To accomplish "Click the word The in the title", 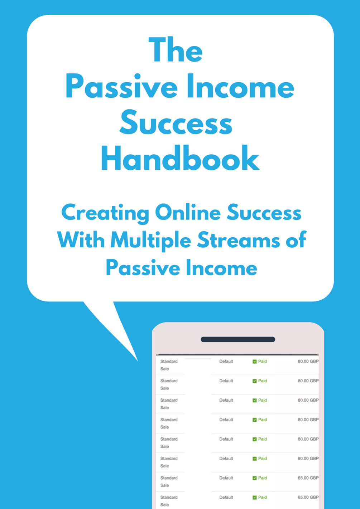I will (176, 50).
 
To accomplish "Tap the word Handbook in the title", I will (180, 159).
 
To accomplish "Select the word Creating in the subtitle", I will (105, 213).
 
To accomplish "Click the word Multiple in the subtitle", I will (151, 241).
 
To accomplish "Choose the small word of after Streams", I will (296, 240).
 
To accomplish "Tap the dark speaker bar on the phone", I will (238, 339).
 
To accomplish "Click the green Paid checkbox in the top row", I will (255, 362).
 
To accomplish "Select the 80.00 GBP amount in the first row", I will (308, 362).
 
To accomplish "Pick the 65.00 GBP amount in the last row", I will (308, 497).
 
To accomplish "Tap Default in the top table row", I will (226, 362).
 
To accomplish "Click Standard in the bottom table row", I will (169, 497).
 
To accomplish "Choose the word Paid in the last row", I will (263, 497).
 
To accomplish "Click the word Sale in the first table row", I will (164, 369).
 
